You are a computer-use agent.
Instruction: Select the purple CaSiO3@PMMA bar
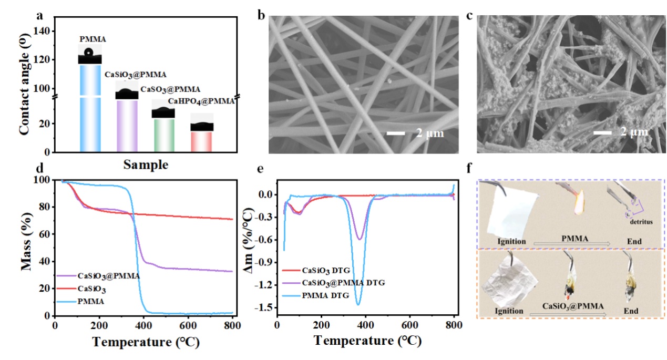(x=127, y=126)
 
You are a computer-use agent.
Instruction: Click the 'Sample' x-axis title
(x=146, y=165)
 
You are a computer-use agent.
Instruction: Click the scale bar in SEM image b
(x=396, y=133)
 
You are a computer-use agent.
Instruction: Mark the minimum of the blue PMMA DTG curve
(x=358, y=304)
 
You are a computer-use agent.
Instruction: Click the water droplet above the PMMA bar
(x=89, y=53)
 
